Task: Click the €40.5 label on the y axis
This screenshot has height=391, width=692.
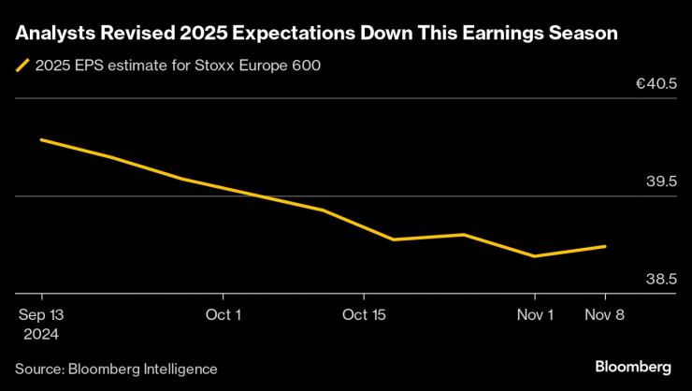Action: click(656, 84)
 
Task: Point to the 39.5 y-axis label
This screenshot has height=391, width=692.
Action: click(661, 181)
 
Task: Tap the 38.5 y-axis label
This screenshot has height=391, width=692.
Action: click(661, 279)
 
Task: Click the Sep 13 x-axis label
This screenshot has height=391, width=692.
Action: click(41, 315)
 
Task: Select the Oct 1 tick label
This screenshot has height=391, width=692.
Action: click(223, 315)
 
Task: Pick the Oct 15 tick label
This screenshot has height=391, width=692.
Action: click(365, 315)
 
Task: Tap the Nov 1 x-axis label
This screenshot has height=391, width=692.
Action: click(535, 315)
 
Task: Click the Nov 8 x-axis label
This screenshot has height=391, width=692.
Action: click(605, 315)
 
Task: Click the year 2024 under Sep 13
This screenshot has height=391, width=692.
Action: click(41, 334)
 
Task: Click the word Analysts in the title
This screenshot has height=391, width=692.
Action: click(52, 34)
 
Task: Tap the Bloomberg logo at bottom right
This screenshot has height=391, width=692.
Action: click(633, 365)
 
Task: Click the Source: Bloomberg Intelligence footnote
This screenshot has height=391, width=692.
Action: click(116, 369)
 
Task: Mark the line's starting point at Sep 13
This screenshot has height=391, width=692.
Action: click(41, 139)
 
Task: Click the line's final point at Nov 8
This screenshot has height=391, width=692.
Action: click(605, 247)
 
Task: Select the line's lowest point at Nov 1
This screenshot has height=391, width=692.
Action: click(534, 255)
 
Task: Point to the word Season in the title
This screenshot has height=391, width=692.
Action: click(584, 34)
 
